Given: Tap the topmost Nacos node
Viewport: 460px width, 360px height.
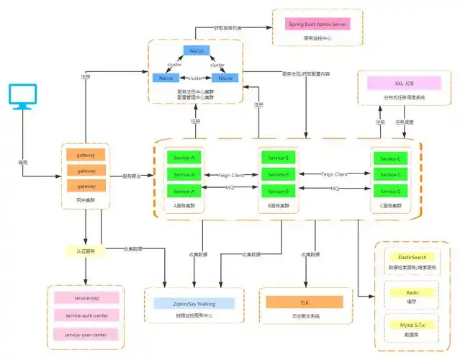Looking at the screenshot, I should pyautogui.click(x=196, y=51).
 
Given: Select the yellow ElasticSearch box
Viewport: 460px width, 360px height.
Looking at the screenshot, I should pyautogui.click(x=412, y=257).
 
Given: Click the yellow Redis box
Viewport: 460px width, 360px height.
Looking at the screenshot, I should pyautogui.click(x=412, y=292).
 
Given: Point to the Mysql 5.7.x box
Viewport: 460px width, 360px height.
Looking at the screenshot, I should pyautogui.click(x=412, y=326).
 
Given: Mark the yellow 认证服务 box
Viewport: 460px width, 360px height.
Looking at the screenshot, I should pyautogui.click(x=86, y=251).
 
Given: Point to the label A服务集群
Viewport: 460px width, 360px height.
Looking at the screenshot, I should pyautogui.click(x=185, y=205).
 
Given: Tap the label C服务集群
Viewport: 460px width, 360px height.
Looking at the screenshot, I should pyautogui.click(x=390, y=205).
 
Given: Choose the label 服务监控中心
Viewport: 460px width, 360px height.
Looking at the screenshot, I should pyautogui.click(x=317, y=37).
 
